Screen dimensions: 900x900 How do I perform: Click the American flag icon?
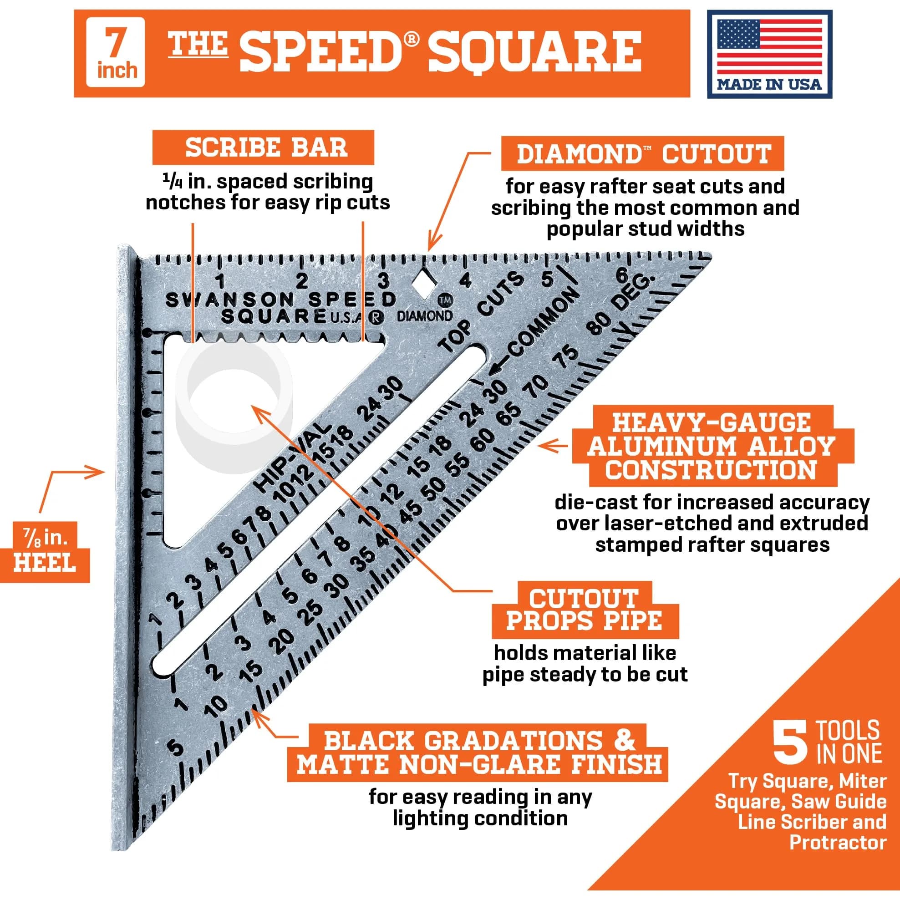769,45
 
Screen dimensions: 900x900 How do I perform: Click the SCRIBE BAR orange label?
263,147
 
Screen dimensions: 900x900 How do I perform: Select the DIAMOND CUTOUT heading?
643,154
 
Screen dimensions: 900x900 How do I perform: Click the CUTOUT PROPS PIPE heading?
585,609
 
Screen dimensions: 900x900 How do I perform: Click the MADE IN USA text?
769,84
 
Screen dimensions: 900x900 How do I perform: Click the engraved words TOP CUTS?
482,312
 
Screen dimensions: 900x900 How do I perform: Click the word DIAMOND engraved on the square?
424,316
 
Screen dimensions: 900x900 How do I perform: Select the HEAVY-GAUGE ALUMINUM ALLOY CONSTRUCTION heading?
713,446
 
